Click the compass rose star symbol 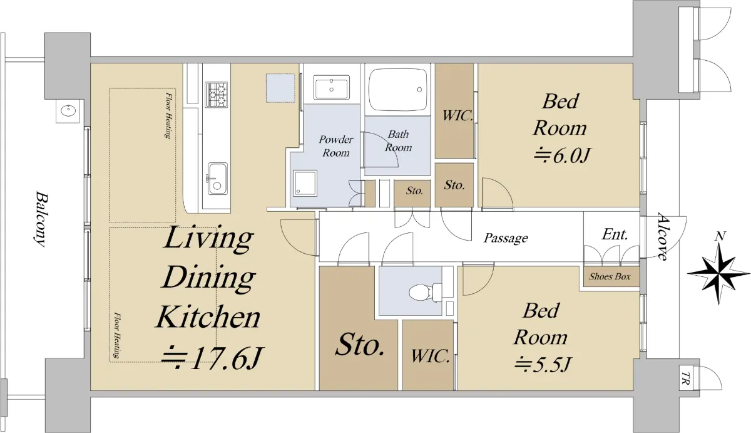[x=719, y=274]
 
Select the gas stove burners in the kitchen [x=217, y=95]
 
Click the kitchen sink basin [x=217, y=179]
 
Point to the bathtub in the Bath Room [x=398, y=90]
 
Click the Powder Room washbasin [x=331, y=87]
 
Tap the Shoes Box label [x=610, y=276]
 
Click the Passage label [x=506, y=238]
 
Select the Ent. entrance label [x=614, y=234]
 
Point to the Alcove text [x=662, y=236]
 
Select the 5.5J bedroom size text [x=542, y=365]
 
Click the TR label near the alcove [x=686, y=378]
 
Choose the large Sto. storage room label [x=359, y=345]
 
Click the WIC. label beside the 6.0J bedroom [x=457, y=116]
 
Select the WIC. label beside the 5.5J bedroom [x=430, y=356]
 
